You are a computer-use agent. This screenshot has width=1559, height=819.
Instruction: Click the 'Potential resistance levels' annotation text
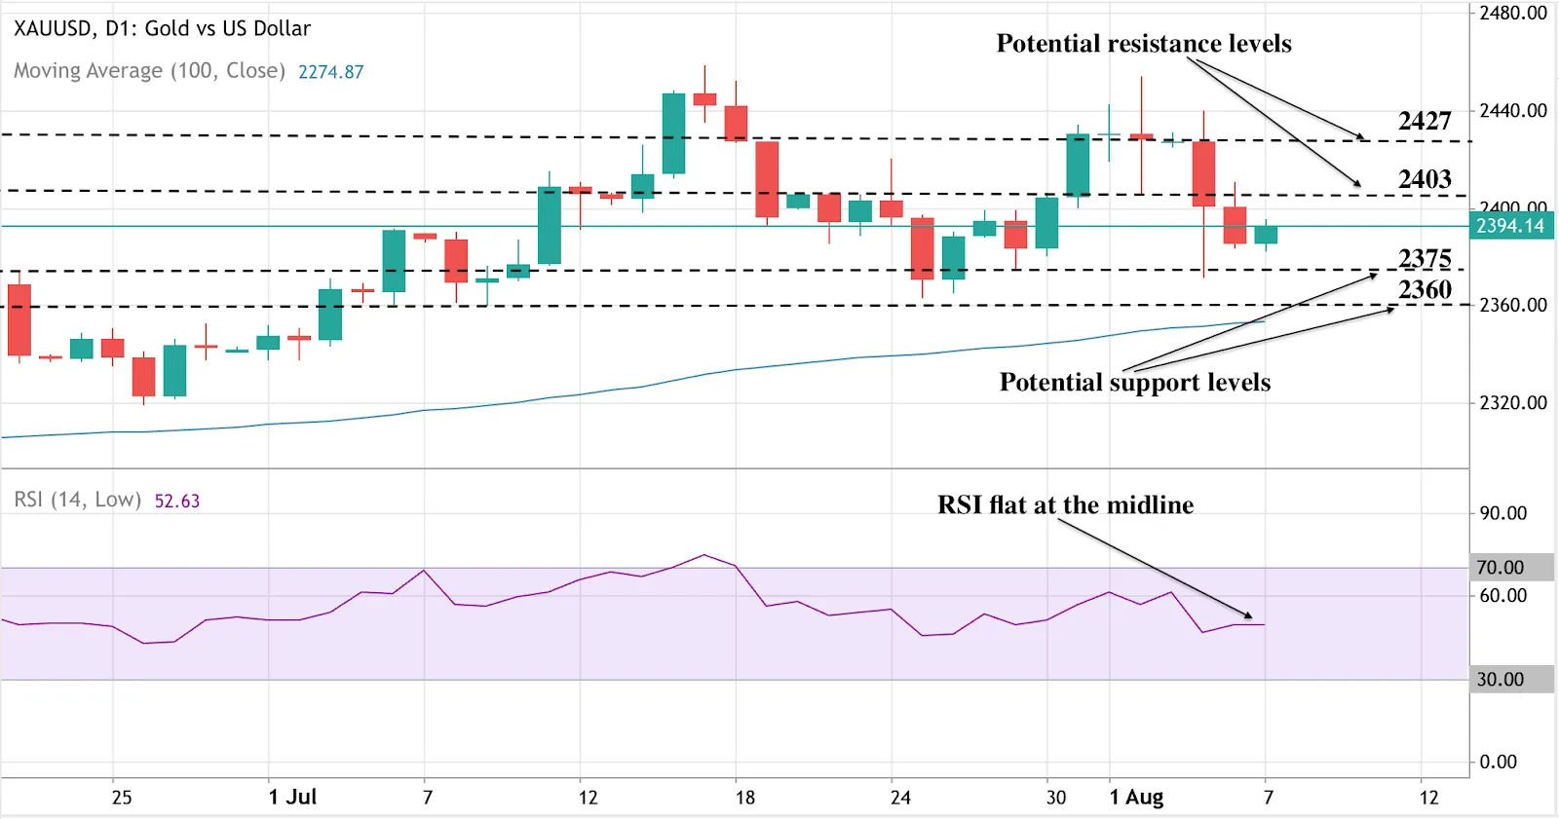[x=1143, y=44]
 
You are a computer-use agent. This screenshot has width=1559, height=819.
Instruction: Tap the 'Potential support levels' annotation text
[x=1134, y=382]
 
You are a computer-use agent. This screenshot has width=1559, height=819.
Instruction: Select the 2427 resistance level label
[x=1424, y=121]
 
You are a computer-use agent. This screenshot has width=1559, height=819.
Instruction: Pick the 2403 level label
[x=1424, y=179]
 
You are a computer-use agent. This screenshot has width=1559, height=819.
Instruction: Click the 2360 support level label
[x=1424, y=289]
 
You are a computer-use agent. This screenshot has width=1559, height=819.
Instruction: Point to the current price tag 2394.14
[x=1509, y=226]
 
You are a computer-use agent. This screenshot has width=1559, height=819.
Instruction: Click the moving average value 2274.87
[x=330, y=72]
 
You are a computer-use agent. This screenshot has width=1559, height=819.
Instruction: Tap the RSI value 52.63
[x=176, y=501]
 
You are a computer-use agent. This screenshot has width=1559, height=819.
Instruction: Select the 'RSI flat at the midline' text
[x=1065, y=504]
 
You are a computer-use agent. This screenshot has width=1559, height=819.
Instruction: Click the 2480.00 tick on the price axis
[x=1512, y=13]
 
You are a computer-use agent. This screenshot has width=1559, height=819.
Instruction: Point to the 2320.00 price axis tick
[x=1512, y=402]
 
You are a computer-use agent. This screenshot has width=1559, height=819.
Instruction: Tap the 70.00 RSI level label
[x=1501, y=567]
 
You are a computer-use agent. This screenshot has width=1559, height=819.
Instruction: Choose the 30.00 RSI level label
[x=1501, y=679]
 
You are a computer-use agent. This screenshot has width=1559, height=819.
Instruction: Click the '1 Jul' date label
[x=292, y=797]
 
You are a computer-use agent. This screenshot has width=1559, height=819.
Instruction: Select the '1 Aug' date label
[x=1136, y=797]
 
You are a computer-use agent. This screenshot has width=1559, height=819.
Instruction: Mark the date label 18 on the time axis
[x=744, y=797]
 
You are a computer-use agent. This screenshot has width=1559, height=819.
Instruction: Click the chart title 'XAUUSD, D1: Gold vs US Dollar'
[x=162, y=28]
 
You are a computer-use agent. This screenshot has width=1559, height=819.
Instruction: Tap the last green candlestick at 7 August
[x=1266, y=235]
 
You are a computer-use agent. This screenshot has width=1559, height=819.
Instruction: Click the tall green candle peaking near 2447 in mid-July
[x=673, y=133]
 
